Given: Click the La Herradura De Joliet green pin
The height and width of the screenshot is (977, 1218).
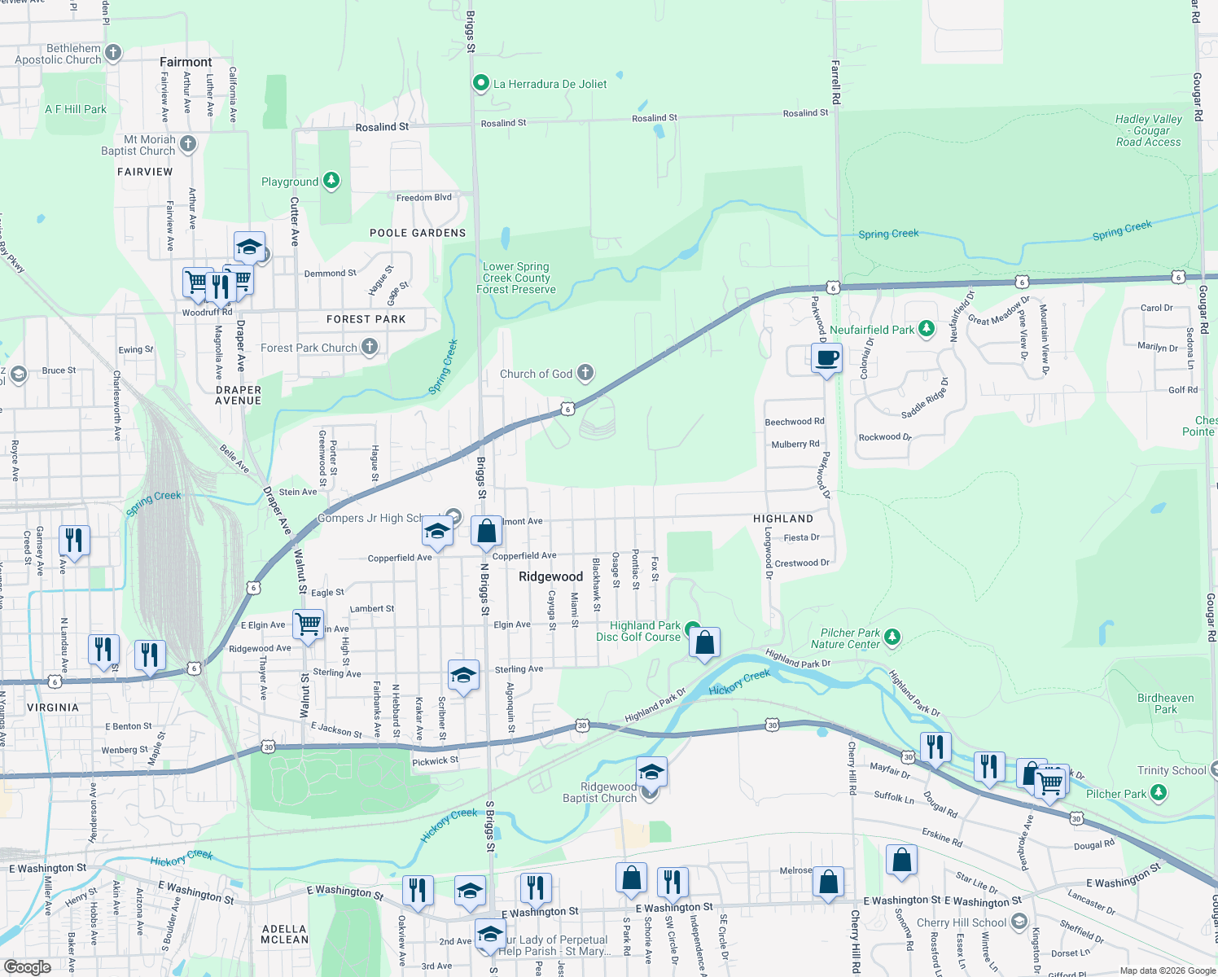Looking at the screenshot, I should click(480, 83).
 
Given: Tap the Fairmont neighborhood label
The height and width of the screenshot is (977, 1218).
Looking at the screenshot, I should click(186, 62).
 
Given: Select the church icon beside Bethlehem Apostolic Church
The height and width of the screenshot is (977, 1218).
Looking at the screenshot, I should click(113, 54).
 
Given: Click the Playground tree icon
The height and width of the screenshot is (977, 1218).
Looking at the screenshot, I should click(331, 181).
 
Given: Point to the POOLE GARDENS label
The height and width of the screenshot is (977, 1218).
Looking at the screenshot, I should click(418, 233).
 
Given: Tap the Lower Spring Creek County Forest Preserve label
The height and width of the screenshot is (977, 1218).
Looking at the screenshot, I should click(516, 278).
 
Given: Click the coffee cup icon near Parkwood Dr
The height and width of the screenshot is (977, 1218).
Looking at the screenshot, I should click(826, 358).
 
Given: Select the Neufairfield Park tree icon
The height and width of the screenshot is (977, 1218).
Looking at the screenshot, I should click(927, 329).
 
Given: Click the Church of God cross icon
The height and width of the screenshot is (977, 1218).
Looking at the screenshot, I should click(585, 373).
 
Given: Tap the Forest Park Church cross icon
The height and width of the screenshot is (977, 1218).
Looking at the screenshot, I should click(370, 347).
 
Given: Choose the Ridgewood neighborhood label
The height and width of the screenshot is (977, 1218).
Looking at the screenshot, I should click(550, 576).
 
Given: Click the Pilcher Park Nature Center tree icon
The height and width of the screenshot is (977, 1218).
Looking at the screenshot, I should click(892, 637).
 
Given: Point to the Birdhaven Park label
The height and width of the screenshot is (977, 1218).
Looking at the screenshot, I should click(1165, 703).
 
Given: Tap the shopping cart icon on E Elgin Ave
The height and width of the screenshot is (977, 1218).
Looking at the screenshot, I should click(308, 624).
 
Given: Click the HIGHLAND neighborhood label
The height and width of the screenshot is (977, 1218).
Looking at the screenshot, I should click(782, 519).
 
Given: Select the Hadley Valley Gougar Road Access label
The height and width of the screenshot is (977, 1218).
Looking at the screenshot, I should click(1148, 130).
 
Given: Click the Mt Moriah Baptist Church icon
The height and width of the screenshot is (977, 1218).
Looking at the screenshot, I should click(188, 144).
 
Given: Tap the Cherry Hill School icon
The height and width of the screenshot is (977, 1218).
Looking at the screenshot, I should click(1019, 922).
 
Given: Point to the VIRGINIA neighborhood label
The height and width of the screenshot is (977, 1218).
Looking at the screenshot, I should click(53, 708).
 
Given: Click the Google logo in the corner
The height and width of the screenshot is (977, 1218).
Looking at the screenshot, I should click(27, 967).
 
